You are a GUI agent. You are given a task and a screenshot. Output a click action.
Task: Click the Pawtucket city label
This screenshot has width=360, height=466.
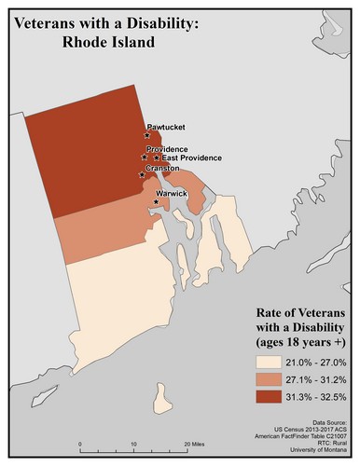pyautogui.click(x=164, y=127)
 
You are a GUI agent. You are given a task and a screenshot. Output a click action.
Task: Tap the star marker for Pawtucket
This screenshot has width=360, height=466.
pyautogui.click(x=147, y=136)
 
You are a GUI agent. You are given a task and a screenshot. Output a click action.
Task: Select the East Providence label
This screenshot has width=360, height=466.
pyautogui.click(x=189, y=158)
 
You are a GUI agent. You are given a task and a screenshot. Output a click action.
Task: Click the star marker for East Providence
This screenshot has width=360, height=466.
pyautogui.click(x=157, y=158)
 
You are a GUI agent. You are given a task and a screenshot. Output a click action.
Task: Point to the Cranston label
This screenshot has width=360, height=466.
pyautogui.click(x=163, y=169)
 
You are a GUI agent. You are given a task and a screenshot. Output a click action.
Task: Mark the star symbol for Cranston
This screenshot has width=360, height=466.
pyautogui.click(x=142, y=175)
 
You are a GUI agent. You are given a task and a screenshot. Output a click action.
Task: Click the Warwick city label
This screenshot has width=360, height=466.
pyautogui.click(x=173, y=193)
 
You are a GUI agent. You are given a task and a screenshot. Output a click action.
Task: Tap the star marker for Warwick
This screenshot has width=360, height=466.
pyautogui.click(x=155, y=200)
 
